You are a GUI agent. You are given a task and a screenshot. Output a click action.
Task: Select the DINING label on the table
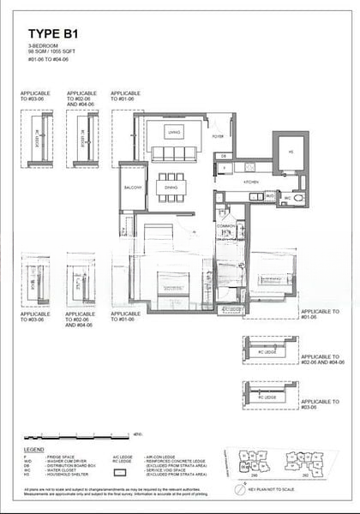pyautogui.click(x=171, y=187)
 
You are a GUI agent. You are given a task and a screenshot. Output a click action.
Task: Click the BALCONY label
pyautogui.click(x=132, y=187)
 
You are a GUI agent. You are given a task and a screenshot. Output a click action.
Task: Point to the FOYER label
pyautogui.click(x=219, y=135)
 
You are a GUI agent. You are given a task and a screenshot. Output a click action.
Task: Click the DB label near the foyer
pyautogui.click(x=222, y=156)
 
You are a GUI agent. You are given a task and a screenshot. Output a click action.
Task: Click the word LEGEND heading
pyautogui.click(x=33, y=447)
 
